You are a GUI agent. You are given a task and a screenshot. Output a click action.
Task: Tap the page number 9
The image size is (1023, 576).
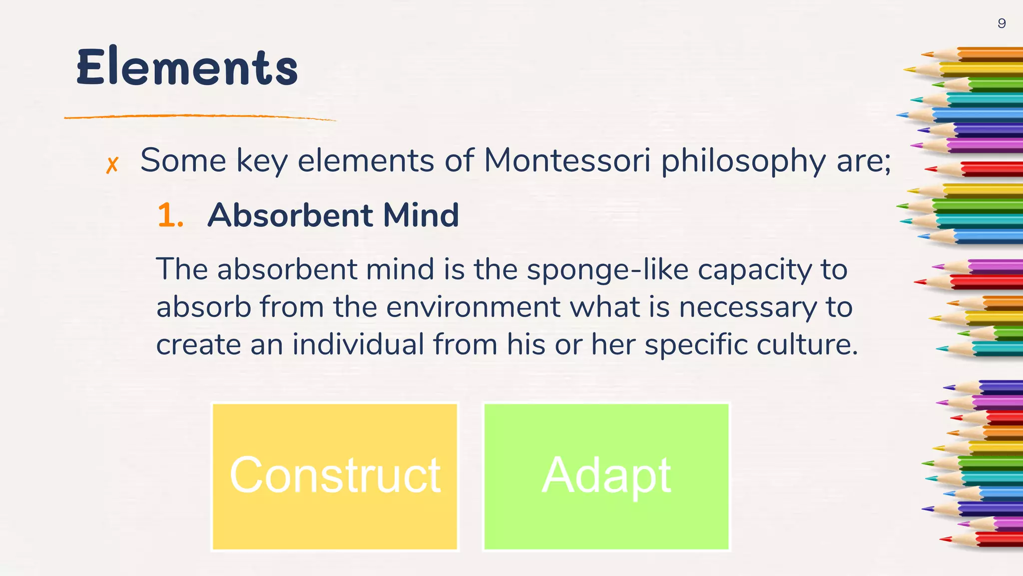[x=1002, y=23]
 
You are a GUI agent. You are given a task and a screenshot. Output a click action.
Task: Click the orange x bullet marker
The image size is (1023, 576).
[x=112, y=164]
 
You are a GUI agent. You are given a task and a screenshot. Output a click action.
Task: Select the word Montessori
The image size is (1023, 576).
[x=567, y=161]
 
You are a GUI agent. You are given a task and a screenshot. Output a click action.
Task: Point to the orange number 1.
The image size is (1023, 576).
[x=170, y=215]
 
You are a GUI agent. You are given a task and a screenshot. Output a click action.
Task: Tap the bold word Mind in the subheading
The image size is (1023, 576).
[x=421, y=215]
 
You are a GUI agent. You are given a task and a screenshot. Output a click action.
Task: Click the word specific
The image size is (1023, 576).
[x=695, y=345]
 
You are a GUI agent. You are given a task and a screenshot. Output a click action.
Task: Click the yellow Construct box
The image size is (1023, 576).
[x=335, y=476]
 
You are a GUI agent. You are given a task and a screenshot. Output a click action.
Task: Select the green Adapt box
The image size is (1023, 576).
[x=606, y=476]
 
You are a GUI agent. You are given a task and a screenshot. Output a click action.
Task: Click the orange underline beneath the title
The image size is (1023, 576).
[x=200, y=117]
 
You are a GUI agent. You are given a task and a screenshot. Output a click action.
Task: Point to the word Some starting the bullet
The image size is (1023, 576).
[x=183, y=161]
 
